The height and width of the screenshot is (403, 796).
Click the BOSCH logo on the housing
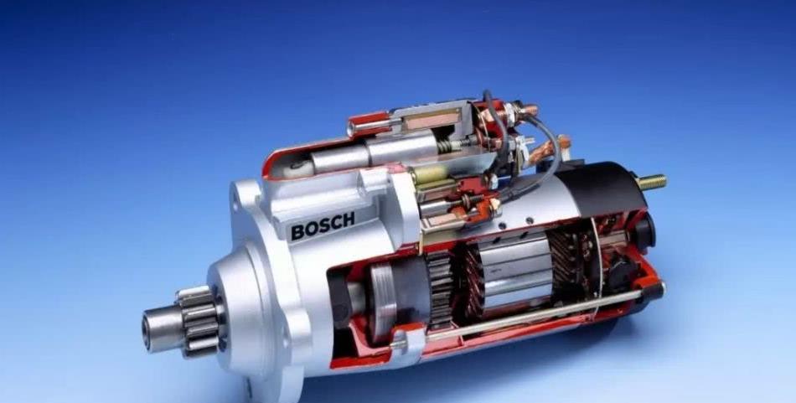323,226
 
